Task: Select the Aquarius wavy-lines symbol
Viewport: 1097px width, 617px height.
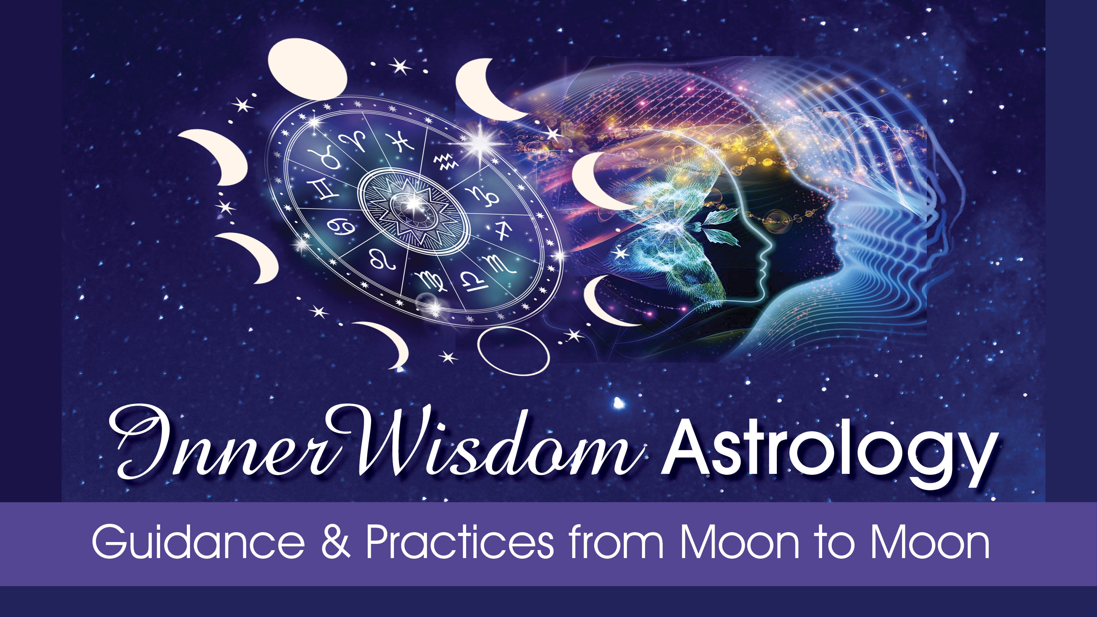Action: pyautogui.click(x=445, y=162)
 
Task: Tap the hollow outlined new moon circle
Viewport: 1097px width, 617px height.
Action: pyautogui.click(x=513, y=351)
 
